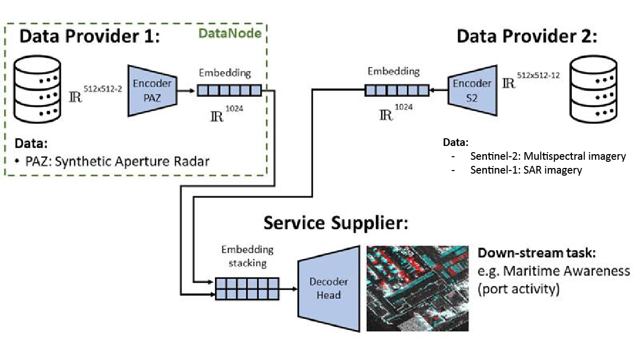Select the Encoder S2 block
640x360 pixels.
472,90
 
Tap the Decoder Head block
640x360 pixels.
328,288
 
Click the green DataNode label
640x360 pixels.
230,34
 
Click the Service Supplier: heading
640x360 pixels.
336,223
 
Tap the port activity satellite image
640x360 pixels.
417,288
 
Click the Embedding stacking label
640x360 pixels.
247,256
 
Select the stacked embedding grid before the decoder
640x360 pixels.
247,288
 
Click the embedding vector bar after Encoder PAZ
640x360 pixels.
229,91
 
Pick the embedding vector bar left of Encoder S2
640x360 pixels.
396,91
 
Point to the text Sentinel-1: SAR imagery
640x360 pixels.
526,170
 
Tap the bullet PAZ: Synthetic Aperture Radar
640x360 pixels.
112,162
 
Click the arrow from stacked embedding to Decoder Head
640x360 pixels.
289,289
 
